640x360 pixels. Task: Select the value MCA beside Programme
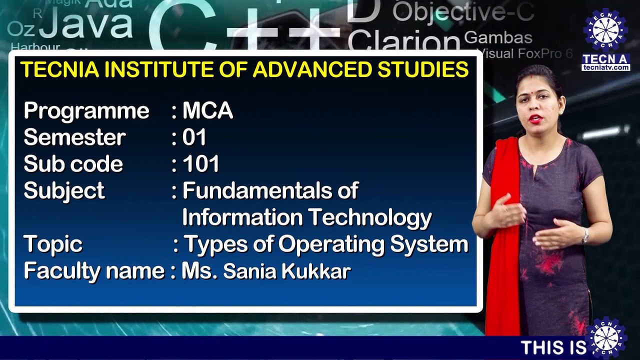coord(207,111)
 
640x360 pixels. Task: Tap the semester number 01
coord(194,137)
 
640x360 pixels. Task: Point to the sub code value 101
coord(201,164)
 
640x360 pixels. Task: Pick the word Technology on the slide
coord(369,217)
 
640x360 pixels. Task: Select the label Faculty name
coord(94,271)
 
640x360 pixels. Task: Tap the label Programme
coord(86,111)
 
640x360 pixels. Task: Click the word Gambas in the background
coord(498,37)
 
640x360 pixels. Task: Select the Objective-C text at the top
coord(463,12)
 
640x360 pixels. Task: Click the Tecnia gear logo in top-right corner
coord(605,29)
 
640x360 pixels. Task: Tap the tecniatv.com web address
coord(605,67)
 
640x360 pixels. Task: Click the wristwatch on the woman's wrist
coord(585,235)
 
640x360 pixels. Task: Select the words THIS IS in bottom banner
coord(553,347)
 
